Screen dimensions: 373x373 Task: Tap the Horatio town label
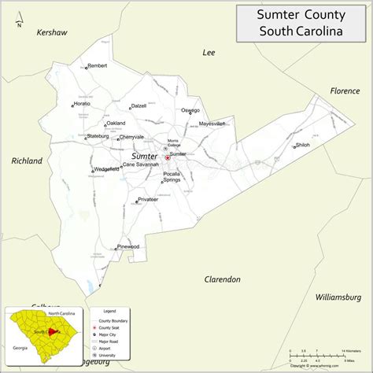83,104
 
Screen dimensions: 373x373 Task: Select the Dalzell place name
138,105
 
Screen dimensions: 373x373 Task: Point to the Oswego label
190,111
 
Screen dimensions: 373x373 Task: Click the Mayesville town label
212,124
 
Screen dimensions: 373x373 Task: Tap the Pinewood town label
127,247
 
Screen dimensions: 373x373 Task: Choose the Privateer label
148,200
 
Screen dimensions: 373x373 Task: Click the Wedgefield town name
105,169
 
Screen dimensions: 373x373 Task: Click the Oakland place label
116,124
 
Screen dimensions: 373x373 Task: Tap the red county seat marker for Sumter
167,157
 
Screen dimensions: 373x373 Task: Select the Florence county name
344,90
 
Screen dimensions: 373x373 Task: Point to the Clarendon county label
222,279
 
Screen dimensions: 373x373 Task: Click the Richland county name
27,161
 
